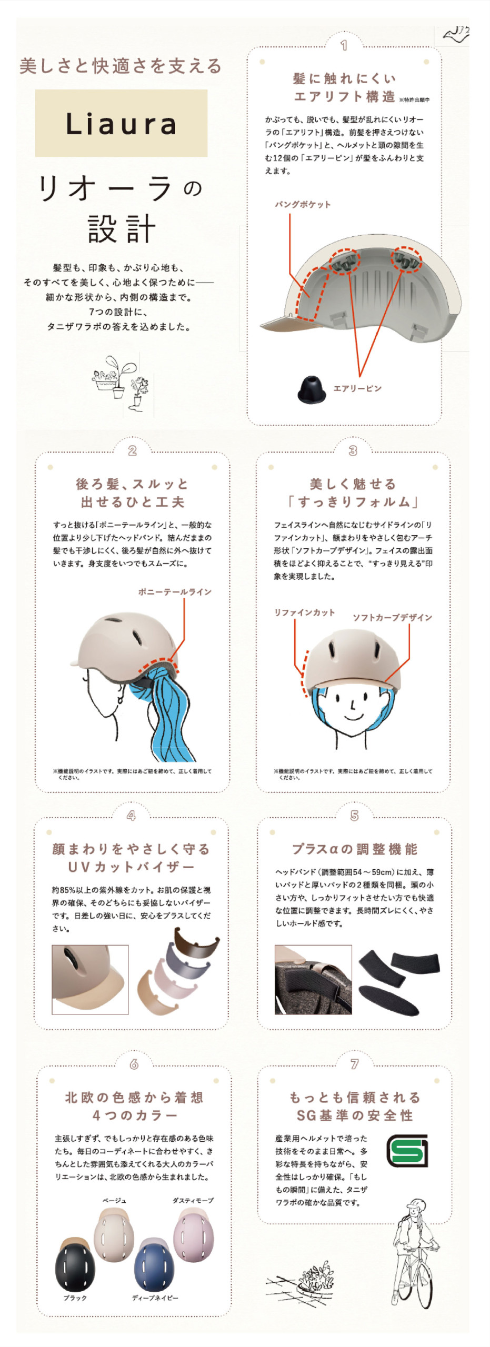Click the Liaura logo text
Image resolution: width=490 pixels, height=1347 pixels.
[121, 124]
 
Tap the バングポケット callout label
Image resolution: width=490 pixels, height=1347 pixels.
[303, 204]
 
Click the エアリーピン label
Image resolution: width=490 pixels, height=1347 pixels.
[357, 388]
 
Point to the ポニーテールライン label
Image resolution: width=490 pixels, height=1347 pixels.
[175, 591]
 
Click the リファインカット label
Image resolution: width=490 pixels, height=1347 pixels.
[304, 612]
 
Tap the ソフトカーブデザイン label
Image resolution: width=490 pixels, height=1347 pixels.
[392, 617]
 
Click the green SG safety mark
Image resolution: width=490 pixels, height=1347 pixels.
[407, 1151]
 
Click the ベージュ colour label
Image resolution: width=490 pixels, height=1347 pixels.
[114, 1200]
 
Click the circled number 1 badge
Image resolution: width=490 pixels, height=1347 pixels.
[344, 46]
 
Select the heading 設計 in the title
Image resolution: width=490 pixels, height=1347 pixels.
[122, 229]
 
